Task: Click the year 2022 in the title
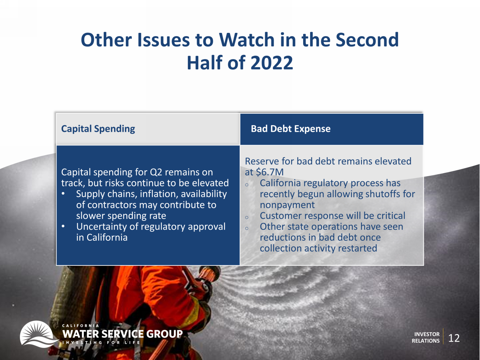(271, 63)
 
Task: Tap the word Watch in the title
(247, 40)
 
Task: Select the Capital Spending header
(98, 129)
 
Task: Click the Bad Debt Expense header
(291, 129)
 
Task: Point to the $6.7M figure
(270, 172)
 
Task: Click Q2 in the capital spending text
(156, 172)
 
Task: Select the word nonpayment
(287, 205)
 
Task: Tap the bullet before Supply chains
(63, 193)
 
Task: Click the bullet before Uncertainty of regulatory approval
(63, 226)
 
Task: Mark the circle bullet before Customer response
(247, 217)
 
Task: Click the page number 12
(454, 338)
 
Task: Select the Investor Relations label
(426, 337)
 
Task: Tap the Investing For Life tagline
(101, 343)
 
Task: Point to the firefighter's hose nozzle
(208, 274)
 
